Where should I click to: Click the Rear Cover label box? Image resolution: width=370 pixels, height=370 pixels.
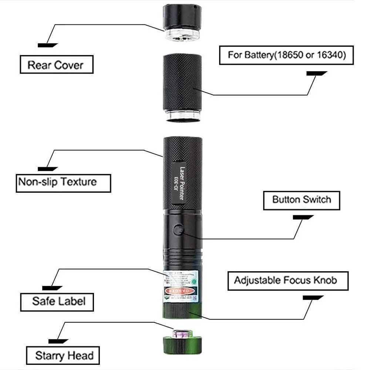[56, 65]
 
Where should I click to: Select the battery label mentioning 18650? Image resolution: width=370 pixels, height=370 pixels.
[286, 55]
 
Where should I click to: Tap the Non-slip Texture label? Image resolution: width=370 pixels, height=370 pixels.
[63, 182]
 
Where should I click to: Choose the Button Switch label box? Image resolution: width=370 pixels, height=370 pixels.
[301, 200]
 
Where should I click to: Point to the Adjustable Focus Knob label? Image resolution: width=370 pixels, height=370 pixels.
[287, 280]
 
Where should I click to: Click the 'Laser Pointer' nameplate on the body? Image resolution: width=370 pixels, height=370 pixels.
[181, 184]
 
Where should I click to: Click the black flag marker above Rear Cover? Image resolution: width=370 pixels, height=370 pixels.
[48, 45]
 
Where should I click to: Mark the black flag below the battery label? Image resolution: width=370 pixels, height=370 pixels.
[316, 73]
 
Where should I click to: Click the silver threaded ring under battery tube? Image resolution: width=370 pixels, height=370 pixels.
[183, 117]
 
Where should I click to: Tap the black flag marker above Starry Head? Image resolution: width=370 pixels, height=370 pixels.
[58, 341]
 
